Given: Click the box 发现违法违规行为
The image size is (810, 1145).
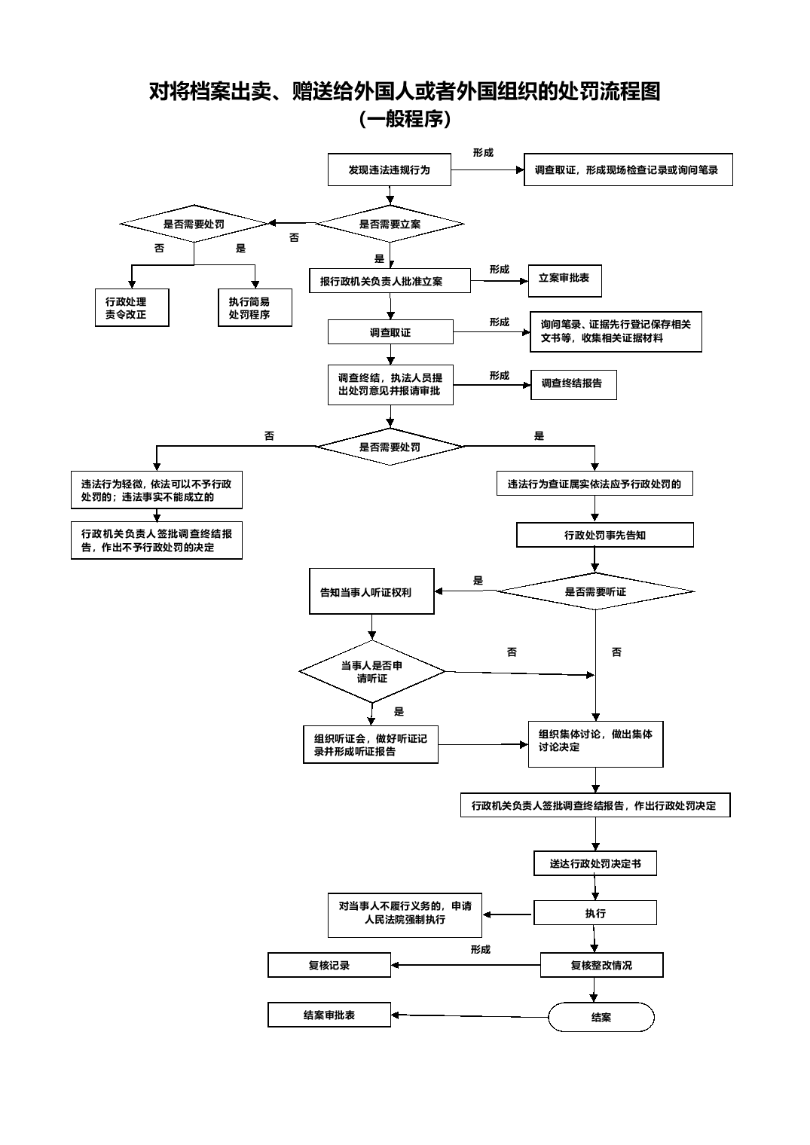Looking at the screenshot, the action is pyautogui.click(x=389, y=169).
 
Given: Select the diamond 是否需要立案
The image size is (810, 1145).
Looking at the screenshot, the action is pyautogui.click(x=390, y=224).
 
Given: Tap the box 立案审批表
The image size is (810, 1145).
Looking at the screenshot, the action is pyautogui.click(x=564, y=281).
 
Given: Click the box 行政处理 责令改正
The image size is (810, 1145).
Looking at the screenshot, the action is pyautogui.click(x=132, y=307).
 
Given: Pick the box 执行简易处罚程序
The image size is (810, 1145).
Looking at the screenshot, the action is pyautogui.click(x=255, y=307).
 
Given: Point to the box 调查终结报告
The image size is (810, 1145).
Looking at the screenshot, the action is pyautogui.click(x=573, y=384).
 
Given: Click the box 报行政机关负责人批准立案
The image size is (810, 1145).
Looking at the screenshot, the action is pyautogui.click(x=390, y=281).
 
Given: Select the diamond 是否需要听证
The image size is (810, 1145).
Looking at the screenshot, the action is pyautogui.click(x=595, y=591).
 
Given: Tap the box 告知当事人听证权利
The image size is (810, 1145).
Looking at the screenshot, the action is pyautogui.click(x=371, y=591).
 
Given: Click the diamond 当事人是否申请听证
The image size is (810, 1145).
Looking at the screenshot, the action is pyautogui.click(x=371, y=672).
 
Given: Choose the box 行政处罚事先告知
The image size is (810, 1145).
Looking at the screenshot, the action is pyautogui.click(x=605, y=535).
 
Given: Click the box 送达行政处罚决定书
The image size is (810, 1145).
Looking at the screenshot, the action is pyautogui.click(x=595, y=863).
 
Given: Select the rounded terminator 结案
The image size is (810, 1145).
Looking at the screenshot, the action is pyautogui.click(x=601, y=1017).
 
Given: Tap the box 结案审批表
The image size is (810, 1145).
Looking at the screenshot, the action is pyautogui.click(x=329, y=1015).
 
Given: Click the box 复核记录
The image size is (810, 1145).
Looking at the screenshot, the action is pyautogui.click(x=329, y=965).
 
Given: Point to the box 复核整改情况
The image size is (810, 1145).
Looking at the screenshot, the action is pyautogui.click(x=601, y=965).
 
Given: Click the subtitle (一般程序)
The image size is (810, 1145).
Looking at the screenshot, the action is pyautogui.click(x=405, y=119).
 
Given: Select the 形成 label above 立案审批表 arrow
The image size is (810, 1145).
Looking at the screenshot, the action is pyautogui.click(x=499, y=270).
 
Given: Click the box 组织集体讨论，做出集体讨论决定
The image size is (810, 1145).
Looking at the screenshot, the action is pyautogui.click(x=596, y=744).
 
